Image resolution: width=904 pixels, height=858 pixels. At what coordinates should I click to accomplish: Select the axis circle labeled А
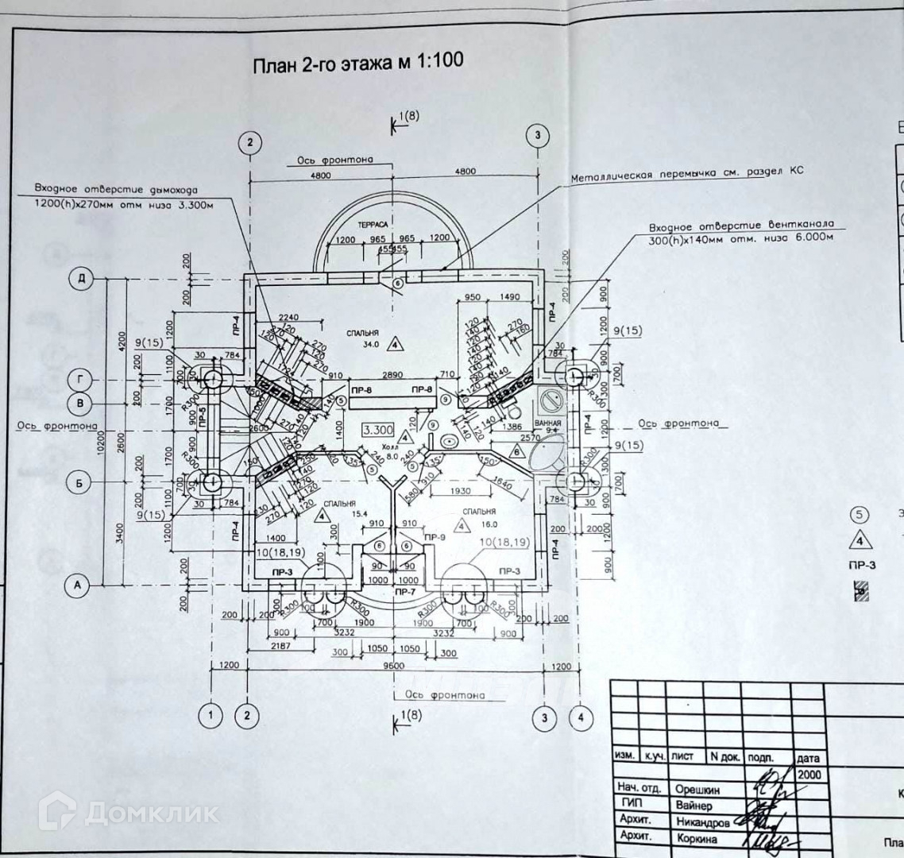(x=77, y=585)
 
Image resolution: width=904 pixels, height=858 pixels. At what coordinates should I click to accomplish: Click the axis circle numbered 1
(x=211, y=717)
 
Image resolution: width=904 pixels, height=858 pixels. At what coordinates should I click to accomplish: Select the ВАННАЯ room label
(x=549, y=423)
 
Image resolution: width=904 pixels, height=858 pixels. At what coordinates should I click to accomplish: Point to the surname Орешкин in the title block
(x=698, y=790)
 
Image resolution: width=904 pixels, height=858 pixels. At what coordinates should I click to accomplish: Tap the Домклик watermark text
(x=150, y=812)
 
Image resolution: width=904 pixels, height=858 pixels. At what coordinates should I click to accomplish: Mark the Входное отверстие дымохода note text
(x=114, y=189)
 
